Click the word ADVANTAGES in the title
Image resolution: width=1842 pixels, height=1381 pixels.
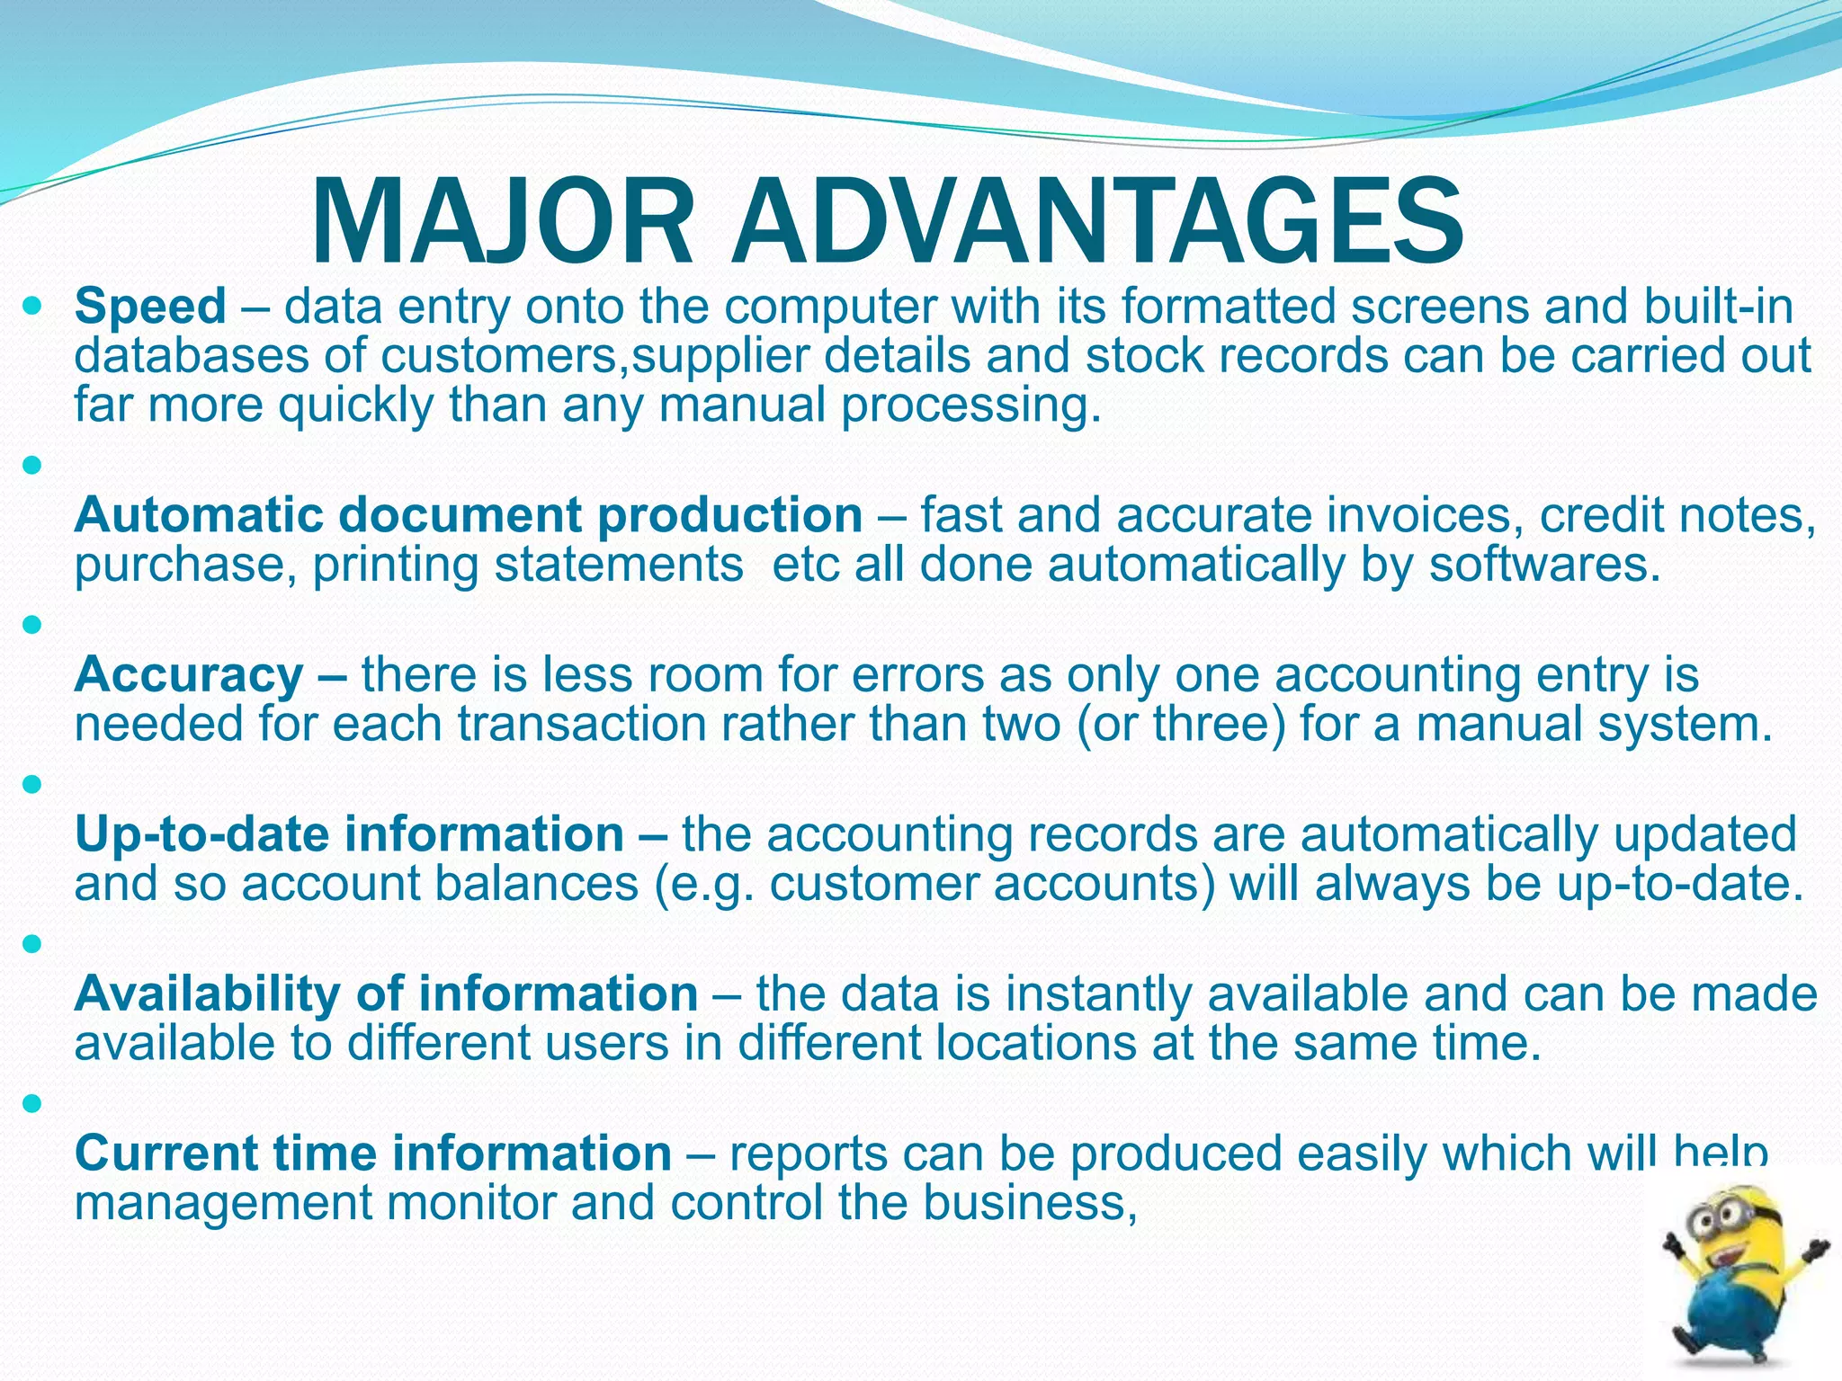[1097, 222]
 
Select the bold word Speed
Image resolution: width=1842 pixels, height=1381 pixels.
[150, 306]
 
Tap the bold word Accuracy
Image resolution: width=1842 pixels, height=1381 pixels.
[189, 674]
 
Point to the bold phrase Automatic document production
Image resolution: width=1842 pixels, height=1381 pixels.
[469, 515]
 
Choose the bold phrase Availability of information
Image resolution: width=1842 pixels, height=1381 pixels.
[386, 993]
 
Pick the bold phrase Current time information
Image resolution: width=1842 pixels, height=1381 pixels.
[372, 1153]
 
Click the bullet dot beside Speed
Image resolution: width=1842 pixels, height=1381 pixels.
[32, 307]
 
